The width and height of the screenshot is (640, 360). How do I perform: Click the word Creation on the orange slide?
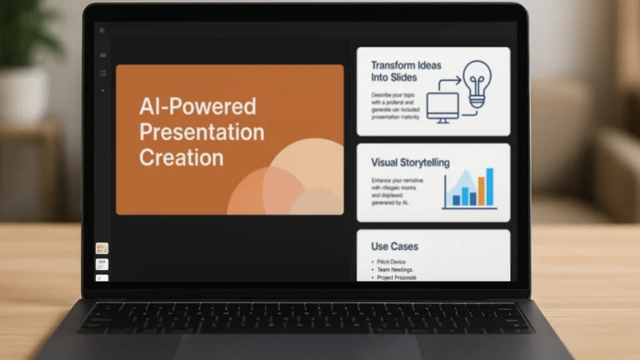point(181,157)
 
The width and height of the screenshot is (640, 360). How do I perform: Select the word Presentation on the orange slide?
point(202,132)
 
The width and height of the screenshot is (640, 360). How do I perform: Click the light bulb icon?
point(477,82)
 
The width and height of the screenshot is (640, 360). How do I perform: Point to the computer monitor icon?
point(442,107)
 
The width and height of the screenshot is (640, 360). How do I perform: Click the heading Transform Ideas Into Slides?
point(406,71)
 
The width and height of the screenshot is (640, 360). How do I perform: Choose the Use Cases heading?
point(394,247)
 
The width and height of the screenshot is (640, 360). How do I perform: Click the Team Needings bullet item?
point(397,269)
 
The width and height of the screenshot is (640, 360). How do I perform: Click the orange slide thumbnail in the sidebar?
point(102,248)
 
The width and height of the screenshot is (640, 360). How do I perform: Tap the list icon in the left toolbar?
point(102,72)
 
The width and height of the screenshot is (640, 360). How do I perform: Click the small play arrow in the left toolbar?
point(102,89)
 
